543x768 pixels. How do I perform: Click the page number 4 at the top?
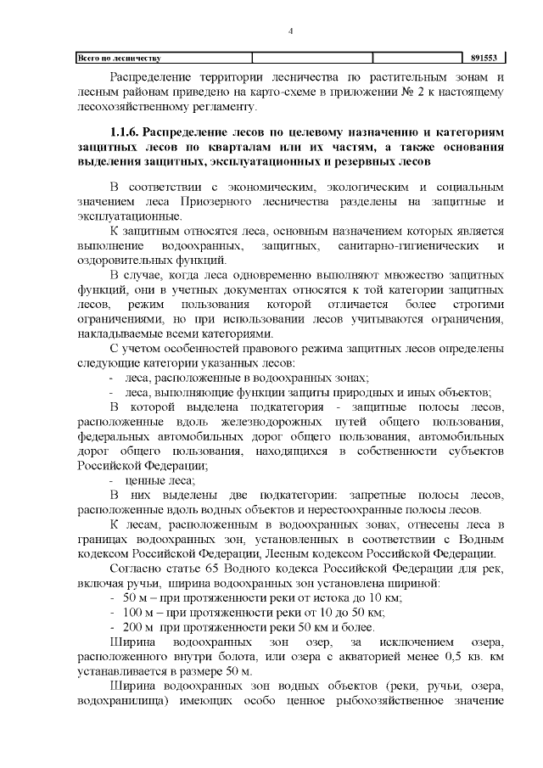pos(290,31)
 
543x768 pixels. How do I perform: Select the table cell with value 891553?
pos(484,59)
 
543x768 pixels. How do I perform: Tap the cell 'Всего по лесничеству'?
pos(120,59)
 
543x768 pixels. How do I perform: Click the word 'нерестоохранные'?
pos(363,509)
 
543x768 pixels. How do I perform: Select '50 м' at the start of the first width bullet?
pos(136,597)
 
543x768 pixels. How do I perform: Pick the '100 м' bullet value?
pos(139,612)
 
